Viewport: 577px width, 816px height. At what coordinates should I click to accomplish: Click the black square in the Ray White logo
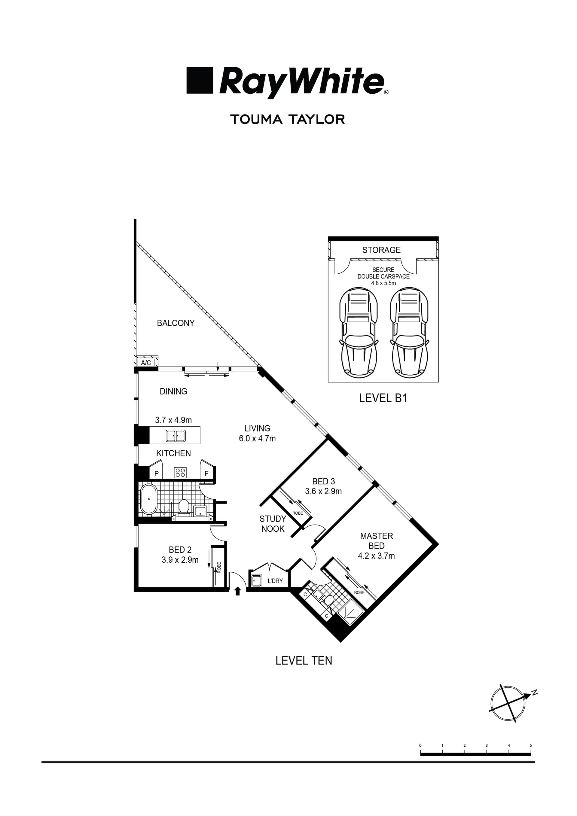tap(200, 80)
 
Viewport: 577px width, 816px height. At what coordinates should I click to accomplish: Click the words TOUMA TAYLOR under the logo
tap(287, 119)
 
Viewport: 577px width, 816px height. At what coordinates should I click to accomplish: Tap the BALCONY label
tap(176, 323)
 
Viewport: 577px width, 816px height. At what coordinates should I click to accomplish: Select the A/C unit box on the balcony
tap(146, 363)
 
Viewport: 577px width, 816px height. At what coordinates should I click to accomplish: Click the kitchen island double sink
tap(176, 436)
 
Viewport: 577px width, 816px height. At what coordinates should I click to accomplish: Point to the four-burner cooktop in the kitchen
tap(180, 473)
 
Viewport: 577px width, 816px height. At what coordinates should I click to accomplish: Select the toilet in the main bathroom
tap(184, 506)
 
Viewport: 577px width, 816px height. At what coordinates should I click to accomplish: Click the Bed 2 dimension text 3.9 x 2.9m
tap(180, 560)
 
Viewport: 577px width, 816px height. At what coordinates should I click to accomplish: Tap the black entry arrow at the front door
tap(238, 591)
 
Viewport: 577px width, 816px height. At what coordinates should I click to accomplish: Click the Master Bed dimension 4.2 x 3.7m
tap(376, 556)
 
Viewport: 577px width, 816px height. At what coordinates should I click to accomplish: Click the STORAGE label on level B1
tap(381, 250)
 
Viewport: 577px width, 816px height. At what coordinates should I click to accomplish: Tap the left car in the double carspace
tap(358, 333)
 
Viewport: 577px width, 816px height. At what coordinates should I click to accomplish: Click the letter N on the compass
tap(534, 692)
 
